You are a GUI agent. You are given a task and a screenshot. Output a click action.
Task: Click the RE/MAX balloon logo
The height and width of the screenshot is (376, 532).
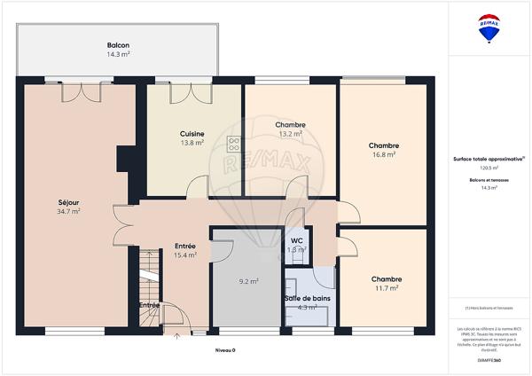(x=489, y=27)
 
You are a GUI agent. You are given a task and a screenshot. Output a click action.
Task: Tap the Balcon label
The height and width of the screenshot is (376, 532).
(x=118, y=45)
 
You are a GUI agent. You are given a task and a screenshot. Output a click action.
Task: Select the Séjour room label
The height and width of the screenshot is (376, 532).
(x=68, y=202)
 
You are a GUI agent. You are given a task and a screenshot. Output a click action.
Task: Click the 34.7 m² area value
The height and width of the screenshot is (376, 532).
(x=68, y=212)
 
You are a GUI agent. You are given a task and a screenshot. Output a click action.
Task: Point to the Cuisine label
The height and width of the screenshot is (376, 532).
(x=192, y=133)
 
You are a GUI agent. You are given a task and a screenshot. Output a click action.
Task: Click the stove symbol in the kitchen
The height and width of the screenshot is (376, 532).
(x=234, y=144)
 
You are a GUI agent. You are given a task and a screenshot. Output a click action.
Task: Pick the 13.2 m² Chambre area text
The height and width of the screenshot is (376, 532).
(x=290, y=136)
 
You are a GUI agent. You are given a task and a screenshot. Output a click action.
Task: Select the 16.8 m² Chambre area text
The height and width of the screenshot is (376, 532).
(x=383, y=155)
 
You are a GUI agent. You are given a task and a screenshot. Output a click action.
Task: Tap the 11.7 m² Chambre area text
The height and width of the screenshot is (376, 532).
(x=384, y=288)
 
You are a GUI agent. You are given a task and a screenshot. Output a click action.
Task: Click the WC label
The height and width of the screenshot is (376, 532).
(x=296, y=239)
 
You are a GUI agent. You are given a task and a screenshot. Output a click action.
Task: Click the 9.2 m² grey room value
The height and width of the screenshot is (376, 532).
(x=248, y=282)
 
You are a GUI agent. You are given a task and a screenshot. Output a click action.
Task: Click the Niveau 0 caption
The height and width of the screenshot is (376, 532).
(x=227, y=350)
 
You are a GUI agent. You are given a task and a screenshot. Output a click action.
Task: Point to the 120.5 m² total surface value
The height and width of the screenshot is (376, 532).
(x=489, y=167)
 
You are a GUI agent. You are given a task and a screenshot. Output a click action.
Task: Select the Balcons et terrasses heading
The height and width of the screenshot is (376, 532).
(x=489, y=180)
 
